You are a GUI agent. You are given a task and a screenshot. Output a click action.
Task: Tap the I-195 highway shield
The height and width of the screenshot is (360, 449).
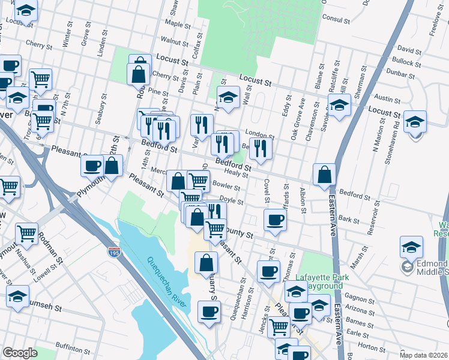point(114,253)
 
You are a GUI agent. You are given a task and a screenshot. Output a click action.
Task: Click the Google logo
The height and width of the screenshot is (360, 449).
point(20,353)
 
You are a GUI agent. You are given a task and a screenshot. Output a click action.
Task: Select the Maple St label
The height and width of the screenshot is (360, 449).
point(177,24)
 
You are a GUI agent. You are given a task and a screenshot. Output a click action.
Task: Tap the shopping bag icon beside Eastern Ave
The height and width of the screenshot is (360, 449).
point(324,174)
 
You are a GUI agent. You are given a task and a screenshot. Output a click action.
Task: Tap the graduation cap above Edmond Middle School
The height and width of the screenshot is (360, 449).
point(411,246)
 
